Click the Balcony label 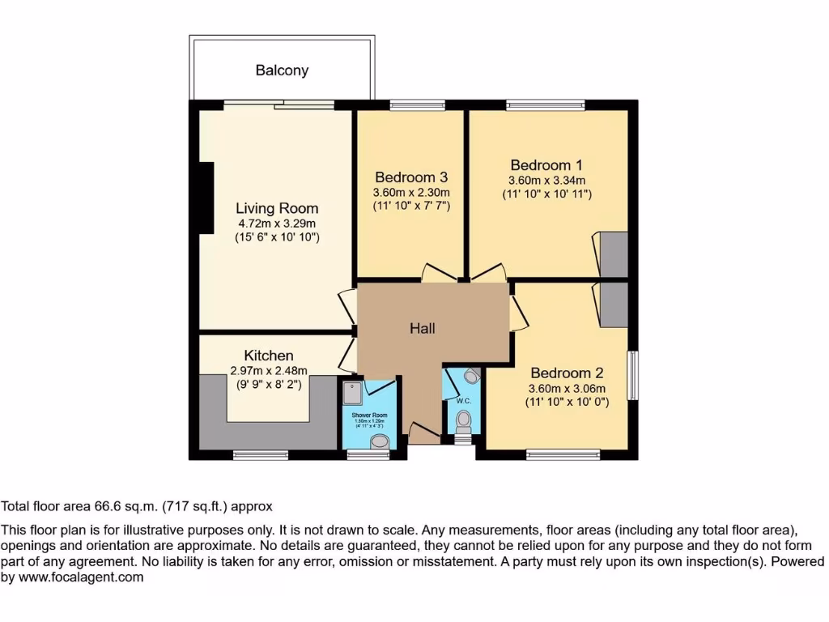282,70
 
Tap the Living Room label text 277,208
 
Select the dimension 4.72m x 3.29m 277,223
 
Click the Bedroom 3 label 411,177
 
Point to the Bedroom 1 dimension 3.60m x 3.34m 546,181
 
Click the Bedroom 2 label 567,373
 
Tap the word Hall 422,328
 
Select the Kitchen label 269,356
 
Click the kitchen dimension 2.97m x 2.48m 269,370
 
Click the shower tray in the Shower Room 353,393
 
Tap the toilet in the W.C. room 464,420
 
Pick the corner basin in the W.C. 472,376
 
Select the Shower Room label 369,415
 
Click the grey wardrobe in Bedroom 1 613,254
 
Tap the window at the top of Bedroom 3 416,104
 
